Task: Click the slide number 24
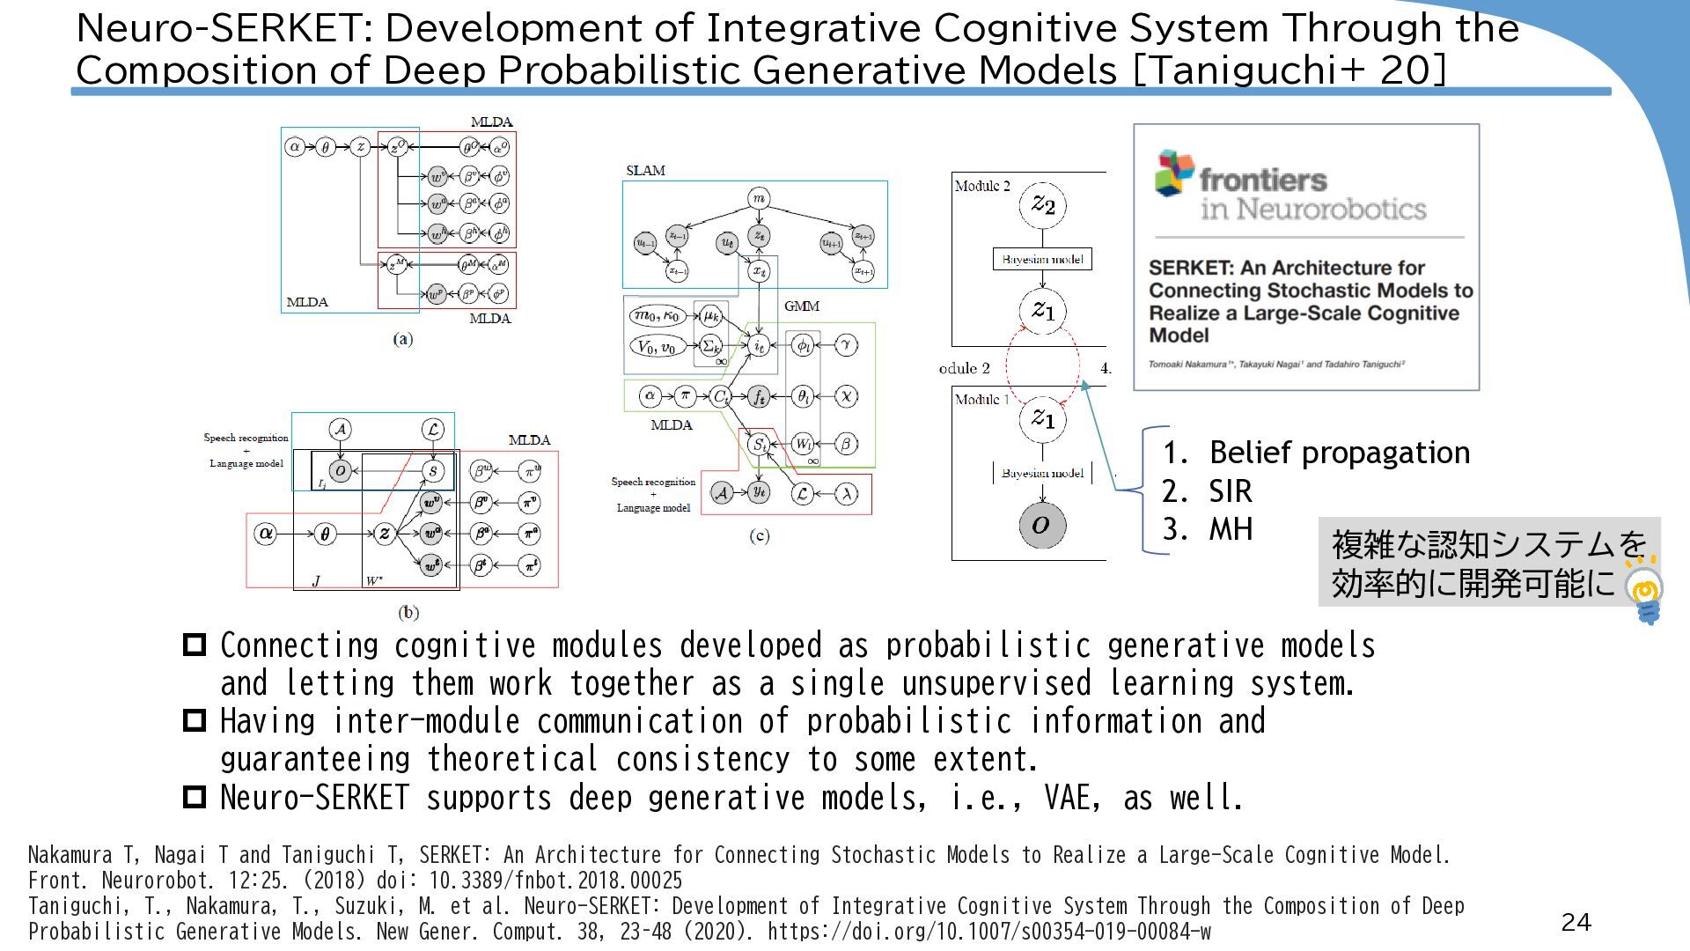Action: point(1576,922)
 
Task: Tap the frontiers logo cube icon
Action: point(1174,173)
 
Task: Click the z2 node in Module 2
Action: point(1043,205)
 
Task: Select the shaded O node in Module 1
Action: point(1042,525)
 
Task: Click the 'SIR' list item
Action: point(1230,491)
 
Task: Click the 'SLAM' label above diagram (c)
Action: point(645,170)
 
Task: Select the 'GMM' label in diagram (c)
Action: point(801,306)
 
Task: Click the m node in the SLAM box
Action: point(759,199)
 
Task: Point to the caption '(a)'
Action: point(402,339)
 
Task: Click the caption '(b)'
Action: point(408,612)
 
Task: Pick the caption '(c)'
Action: point(759,535)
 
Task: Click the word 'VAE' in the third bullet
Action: point(1070,798)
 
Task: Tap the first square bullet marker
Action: point(194,645)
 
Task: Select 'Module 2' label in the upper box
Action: point(982,186)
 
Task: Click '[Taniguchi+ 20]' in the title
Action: point(1290,70)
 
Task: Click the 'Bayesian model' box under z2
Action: point(1042,259)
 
